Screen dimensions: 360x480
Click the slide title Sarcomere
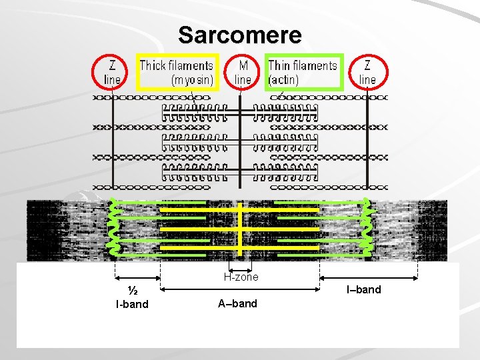coord(240,34)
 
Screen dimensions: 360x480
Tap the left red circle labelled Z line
coord(111,72)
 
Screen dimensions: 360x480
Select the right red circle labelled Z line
coord(368,72)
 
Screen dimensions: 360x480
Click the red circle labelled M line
coord(243,72)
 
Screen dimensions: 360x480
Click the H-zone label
coord(241,277)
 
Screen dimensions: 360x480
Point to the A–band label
coord(237,303)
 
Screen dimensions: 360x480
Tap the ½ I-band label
coord(132,298)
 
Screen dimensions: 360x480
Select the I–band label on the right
coord(363,289)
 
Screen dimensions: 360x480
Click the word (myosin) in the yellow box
coord(193,79)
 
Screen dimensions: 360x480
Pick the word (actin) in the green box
coord(283,79)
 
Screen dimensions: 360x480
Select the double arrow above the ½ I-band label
coord(138,279)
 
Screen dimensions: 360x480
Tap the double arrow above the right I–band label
coord(369,279)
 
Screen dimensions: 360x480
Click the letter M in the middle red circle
coord(243,65)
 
